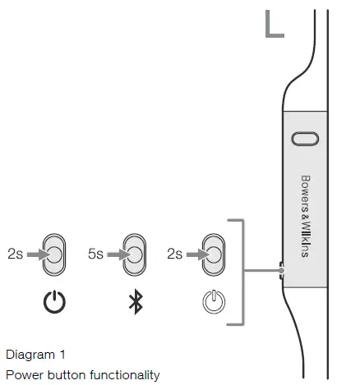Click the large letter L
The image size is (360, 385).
point(275,24)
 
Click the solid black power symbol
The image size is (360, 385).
point(54,302)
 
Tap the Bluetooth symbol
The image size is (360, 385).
point(135,302)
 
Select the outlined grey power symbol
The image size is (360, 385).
point(213,302)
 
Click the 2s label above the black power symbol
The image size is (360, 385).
point(15,255)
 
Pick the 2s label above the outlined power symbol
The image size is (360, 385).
point(175,255)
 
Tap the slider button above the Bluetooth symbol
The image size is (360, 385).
point(134,255)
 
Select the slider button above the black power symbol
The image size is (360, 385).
point(54,255)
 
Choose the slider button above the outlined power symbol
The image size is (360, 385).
point(214,255)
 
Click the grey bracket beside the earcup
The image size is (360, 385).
point(242,271)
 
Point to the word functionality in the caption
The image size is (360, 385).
point(122,375)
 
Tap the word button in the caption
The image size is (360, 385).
point(62,375)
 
